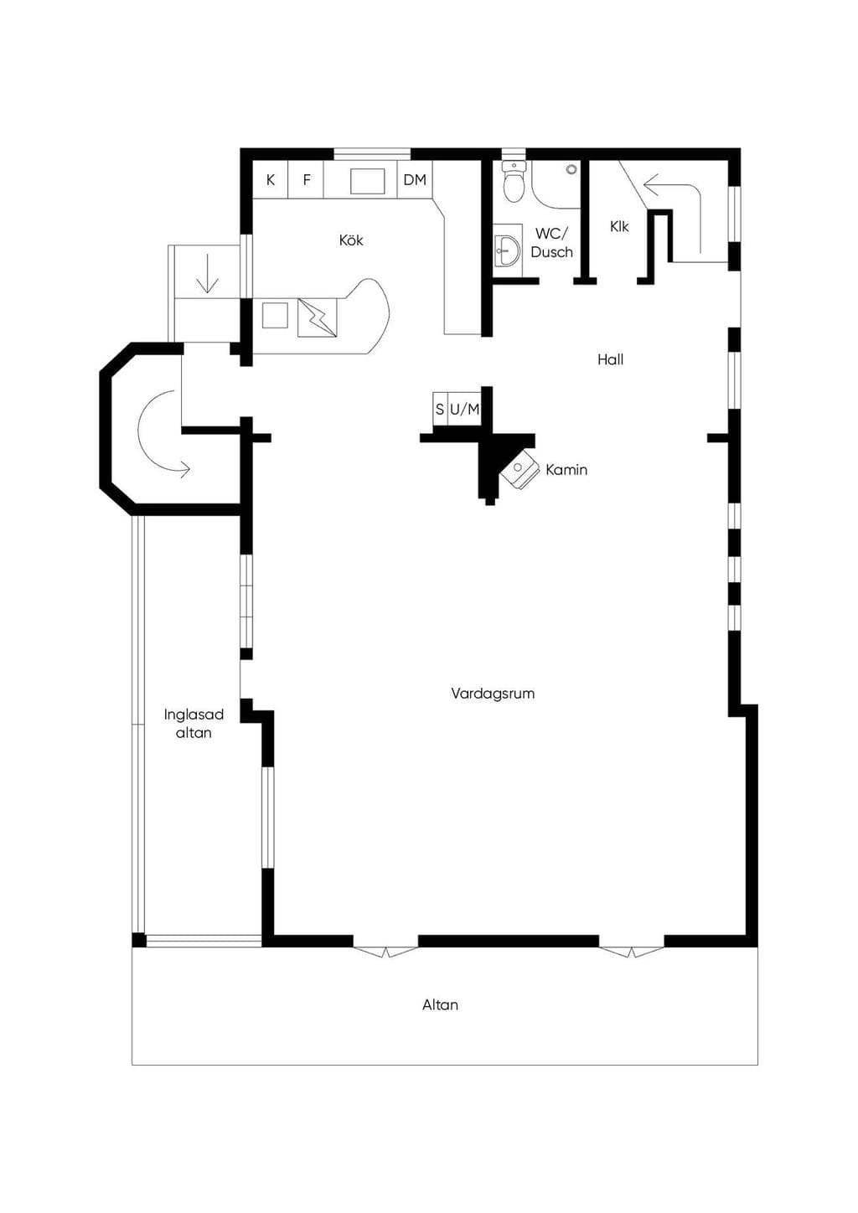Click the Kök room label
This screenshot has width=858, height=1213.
pos(351,240)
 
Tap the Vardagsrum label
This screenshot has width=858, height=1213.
pos(493,693)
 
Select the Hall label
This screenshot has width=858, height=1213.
pos(611,359)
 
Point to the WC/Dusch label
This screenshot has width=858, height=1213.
pos(552,243)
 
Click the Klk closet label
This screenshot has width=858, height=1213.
pos(619,226)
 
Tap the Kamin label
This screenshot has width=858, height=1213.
pos(566,469)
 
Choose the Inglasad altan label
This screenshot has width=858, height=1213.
pos(194,724)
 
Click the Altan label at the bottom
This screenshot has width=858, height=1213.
pos(441,1004)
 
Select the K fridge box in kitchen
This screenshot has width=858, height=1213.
pos(271,180)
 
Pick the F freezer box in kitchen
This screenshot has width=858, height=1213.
pos(306,180)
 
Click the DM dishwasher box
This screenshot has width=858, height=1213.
pos(415,180)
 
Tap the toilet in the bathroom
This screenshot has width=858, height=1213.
pos(514,182)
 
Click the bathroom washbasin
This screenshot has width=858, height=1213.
pos(508,251)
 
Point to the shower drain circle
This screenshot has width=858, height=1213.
pos(571,169)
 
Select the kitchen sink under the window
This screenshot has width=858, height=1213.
pos(367,181)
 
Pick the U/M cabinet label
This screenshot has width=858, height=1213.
pos(464,410)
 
